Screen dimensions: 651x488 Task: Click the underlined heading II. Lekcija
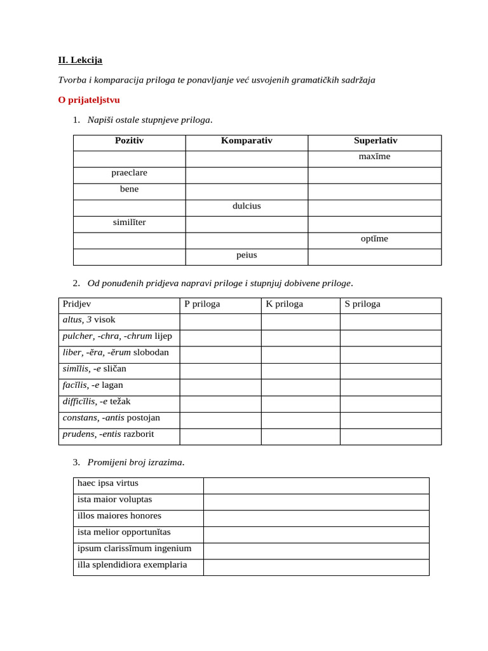pos(80,60)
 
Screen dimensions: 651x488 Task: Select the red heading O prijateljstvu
pos(89,100)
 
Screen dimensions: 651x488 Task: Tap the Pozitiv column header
pos(129,140)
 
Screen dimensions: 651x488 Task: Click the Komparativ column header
pos(247,140)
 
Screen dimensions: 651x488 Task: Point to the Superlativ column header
pos(375,140)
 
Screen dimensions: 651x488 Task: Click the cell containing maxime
pos(375,156)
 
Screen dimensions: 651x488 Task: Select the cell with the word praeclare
pos(129,173)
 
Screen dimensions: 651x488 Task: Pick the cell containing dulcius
pos(247,206)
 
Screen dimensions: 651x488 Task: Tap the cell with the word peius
pos(247,255)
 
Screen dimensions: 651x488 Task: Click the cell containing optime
pos(375,238)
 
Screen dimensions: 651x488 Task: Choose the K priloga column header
pos(284,304)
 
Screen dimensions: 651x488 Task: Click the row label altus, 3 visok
pos(89,320)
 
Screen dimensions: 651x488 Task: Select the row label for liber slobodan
pos(116,352)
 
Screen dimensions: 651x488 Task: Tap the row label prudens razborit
pos(108,434)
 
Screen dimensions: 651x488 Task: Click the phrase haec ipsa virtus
pos(108,483)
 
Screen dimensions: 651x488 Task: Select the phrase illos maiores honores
pos(119,516)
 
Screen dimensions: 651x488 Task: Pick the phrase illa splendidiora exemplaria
pos(132,565)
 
